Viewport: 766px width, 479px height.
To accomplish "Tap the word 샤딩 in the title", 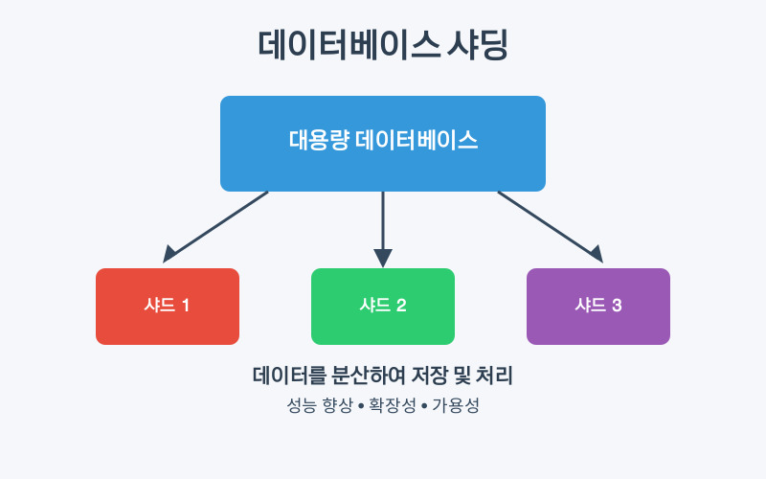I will (476, 47).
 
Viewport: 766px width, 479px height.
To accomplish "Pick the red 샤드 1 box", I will (168, 307).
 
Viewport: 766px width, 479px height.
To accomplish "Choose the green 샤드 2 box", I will (383, 307).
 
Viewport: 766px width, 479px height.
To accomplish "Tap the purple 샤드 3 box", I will (598, 307).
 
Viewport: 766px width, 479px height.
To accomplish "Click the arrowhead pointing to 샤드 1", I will (170, 254).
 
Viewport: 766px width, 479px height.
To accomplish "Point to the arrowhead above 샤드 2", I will (383, 258).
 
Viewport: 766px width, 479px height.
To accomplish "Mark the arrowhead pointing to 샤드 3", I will (596, 254).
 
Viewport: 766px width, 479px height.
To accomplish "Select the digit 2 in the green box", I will (401, 307).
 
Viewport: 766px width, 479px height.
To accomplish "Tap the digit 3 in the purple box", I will (617, 307).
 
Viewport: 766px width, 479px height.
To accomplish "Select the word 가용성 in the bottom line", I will (455, 405).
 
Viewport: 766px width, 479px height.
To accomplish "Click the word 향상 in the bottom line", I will (330, 405).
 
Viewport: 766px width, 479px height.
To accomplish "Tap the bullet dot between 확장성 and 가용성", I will (424, 406).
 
